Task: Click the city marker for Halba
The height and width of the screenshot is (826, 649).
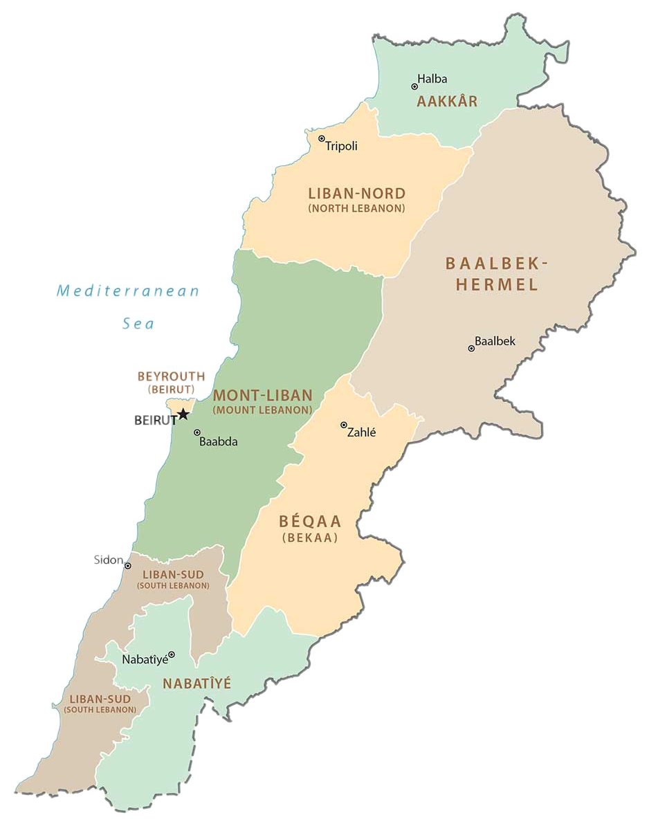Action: (414, 86)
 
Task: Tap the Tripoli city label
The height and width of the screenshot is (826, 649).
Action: (341, 146)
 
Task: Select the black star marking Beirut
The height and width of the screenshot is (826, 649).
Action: (183, 414)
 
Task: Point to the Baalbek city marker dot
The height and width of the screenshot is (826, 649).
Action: (471, 348)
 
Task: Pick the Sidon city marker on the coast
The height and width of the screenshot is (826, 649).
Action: (127, 566)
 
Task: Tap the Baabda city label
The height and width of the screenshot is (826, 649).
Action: (218, 441)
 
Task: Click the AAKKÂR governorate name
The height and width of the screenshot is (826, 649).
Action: (447, 102)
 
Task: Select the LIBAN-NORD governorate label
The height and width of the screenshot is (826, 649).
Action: (356, 194)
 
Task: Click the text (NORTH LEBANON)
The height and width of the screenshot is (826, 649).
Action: (356, 208)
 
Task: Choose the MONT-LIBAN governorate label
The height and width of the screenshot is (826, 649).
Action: (262, 396)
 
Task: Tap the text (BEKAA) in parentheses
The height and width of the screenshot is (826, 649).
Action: (309, 538)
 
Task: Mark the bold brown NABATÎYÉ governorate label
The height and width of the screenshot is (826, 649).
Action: (196, 683)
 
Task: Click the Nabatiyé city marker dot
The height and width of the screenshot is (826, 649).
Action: (172, 654)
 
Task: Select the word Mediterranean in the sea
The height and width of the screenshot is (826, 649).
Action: (128, 291)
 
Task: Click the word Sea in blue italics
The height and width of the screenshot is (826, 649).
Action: (138, 323)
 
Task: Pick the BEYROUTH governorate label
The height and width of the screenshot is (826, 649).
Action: (171, 377)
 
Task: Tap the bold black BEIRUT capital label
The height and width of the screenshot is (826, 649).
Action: (155, 420)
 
